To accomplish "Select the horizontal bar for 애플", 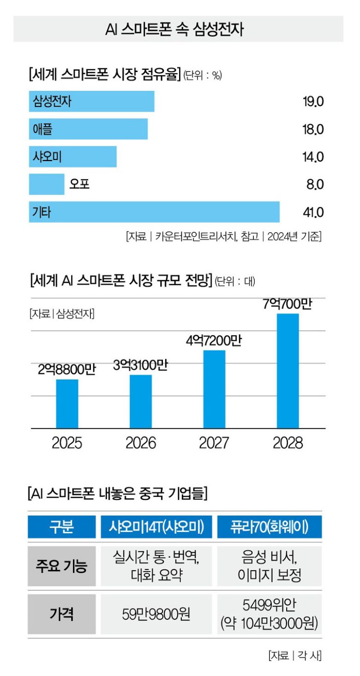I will pyautogui.click(x=88, y=129).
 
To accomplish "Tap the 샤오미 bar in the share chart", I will pyautogui.click(x=72, y=157).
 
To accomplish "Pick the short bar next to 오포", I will pyautogui.click(x=47, y=184).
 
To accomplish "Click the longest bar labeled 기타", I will pyautogui.click(x=154, y=212).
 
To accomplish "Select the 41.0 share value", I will pyautogui.click(x=313, y=212).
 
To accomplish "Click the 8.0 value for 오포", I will pyautogui.click(x=314, y=185).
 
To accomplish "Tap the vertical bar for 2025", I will pyautogui.click(x=67, y=404).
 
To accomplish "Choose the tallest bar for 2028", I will pyautogui.click(x=288, y=371).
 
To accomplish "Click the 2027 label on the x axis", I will pyautogui.click(x=214, y=443).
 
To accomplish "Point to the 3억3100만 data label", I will pyautogui.click(x=140, y=366).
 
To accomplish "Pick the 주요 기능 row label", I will pyautogui.click(x=62, y=566).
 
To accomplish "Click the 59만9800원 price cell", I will pyautogui.click(x=156, y=614).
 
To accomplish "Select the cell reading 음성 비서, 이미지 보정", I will pyautogui.click(x=270, y=566).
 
